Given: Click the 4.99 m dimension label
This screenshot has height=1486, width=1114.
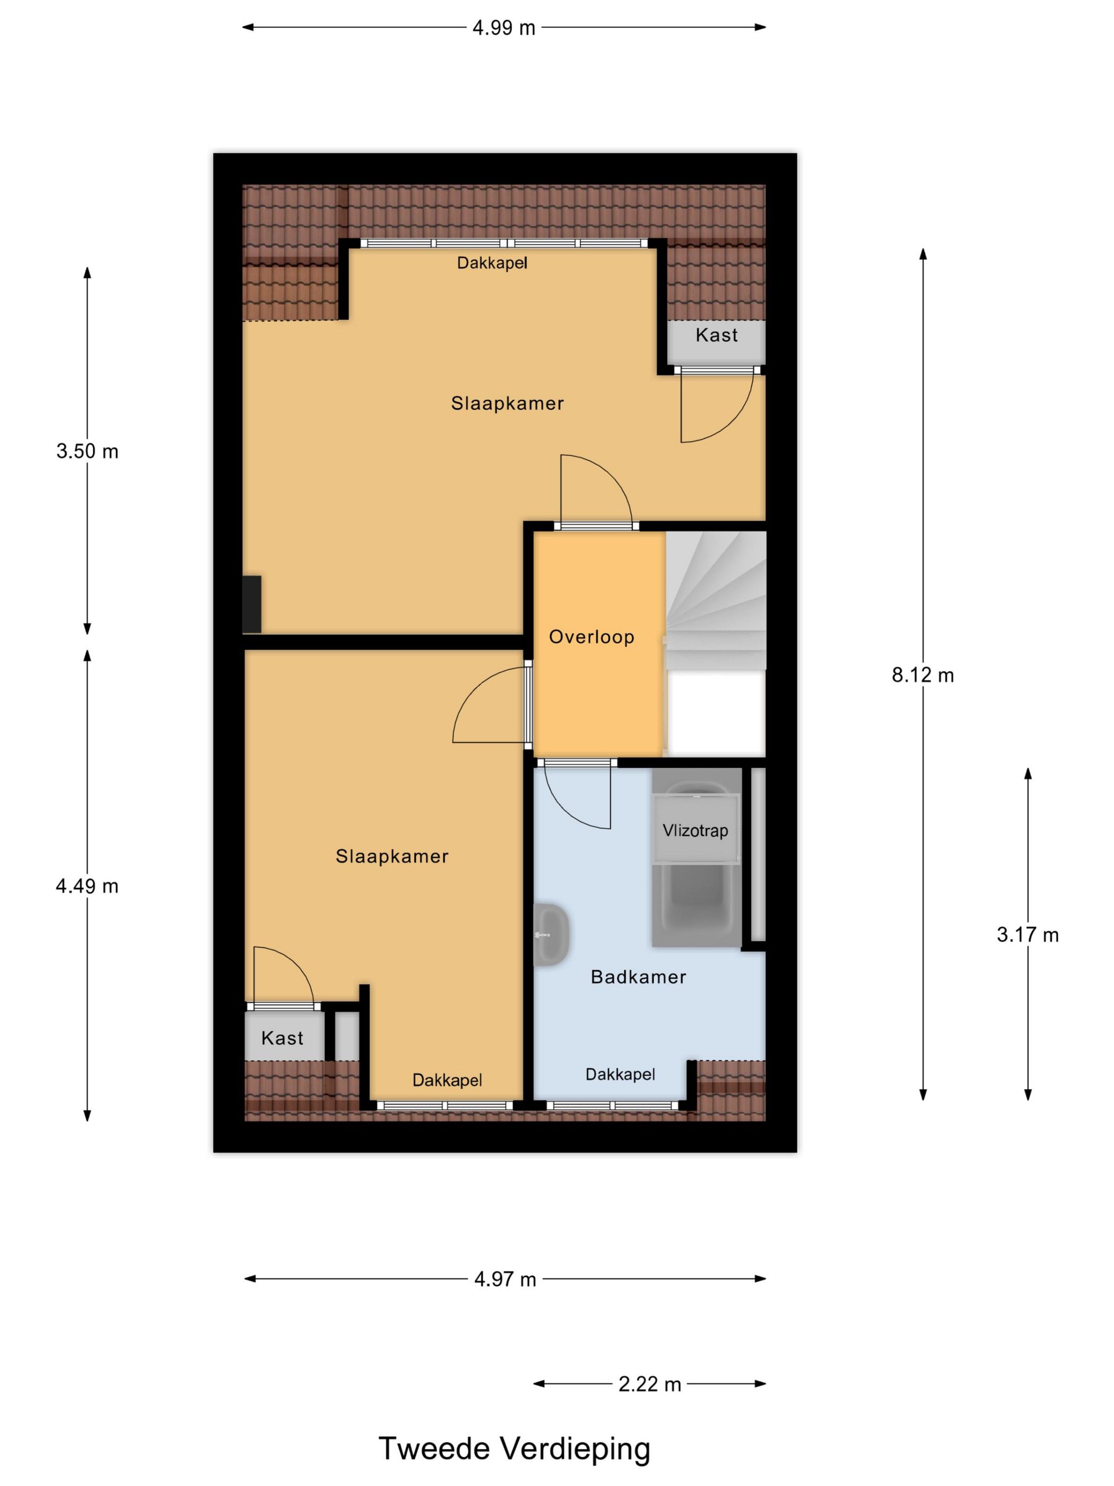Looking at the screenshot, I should (x=503, y=28).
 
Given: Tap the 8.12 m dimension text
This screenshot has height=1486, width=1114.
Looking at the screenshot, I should (x=922, y=675).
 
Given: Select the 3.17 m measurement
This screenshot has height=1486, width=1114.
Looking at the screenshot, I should (x=1026, y=935).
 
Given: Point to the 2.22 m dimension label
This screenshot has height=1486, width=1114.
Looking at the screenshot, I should (x=649, y=1385).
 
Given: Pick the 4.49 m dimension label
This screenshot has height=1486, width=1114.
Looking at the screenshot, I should (x=88, y=886).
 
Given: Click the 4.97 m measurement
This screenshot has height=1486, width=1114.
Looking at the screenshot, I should (x=505, y=1278).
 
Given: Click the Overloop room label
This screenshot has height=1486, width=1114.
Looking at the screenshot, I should (x=591, y=637).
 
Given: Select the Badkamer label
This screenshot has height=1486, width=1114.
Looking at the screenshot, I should (x=638, y=977).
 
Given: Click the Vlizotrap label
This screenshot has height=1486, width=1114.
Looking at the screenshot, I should (x=695, y=831).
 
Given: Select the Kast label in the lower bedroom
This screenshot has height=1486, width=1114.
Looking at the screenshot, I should (x=282, y=1038).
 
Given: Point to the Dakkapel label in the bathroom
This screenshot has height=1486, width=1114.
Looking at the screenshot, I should (x=620, y=1074).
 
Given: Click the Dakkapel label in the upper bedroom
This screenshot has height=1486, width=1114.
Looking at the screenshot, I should (x=492, y=263).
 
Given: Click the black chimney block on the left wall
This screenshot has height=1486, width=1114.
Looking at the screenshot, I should (x=252, y=604).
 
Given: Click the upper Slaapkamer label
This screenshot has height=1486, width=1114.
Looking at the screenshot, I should (x=507, y=403).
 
